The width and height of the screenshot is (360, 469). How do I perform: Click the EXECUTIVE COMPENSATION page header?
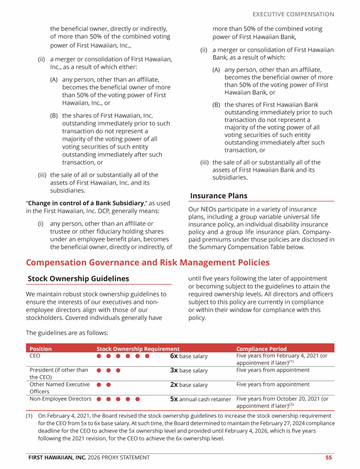(293, 14)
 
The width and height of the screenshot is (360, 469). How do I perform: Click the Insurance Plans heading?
(218, 196)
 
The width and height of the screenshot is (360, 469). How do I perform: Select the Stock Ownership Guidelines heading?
(78, 279)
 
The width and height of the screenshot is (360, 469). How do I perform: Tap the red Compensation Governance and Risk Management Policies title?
(148, 263)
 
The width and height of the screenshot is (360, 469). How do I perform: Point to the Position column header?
(41, 349)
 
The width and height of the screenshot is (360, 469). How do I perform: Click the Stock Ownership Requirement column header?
(138, 349)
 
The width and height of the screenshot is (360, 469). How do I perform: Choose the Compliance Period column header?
(261, 349)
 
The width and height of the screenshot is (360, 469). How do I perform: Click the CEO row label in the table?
(35, 356)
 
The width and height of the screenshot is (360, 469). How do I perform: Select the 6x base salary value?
(188, 356)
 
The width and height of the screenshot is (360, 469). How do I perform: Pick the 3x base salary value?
(188, 371)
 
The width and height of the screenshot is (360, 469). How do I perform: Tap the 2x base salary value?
(188, 385)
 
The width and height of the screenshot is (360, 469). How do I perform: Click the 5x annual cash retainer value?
(200, 400)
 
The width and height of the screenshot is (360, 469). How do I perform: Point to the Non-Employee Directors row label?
(60, 399)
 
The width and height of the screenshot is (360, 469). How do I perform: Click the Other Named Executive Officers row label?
(59, 388)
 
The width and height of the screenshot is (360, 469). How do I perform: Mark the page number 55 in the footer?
(329, 457)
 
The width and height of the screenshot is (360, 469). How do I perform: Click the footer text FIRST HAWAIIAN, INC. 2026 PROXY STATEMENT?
(89, 457)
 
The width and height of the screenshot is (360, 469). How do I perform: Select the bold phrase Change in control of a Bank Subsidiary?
(86, 203)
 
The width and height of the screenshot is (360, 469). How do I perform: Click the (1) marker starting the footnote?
(30, 416)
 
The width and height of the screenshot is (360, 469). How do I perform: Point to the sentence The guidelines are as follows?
(67, 333)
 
